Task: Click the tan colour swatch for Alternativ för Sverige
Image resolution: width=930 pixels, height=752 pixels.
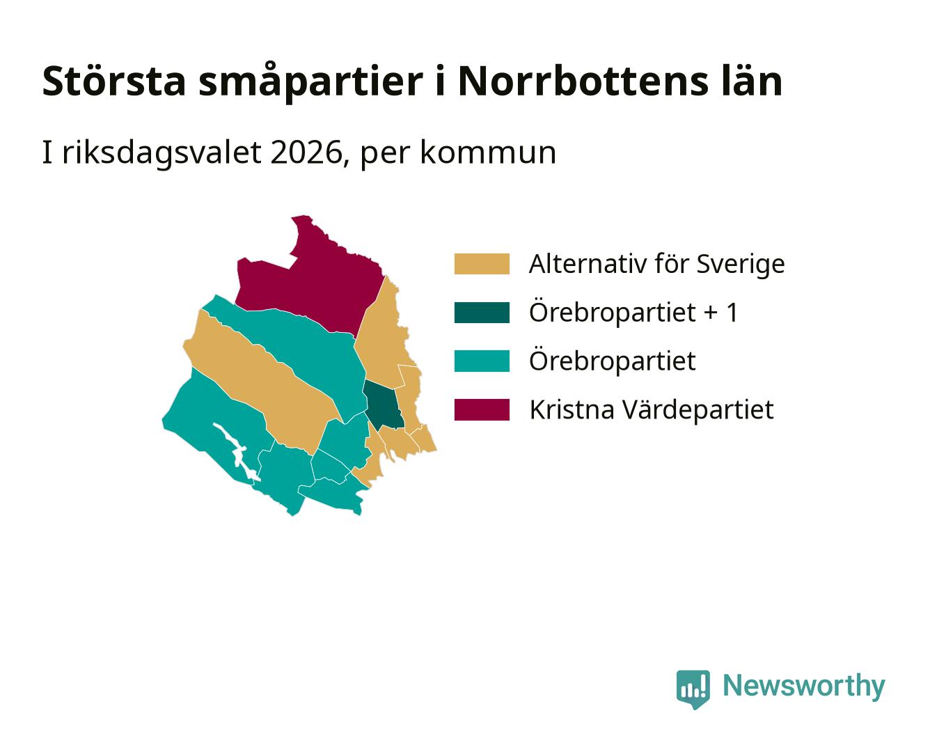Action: click(x=482, y=264)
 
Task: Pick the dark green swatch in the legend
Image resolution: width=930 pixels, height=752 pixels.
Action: click(x=482, y=312)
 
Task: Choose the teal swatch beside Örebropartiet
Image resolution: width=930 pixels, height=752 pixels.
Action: click(x=482, y=361)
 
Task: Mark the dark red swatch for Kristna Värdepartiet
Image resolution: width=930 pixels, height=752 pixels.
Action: click(x=482, y=409)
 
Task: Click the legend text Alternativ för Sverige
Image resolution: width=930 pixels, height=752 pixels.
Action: click(x=656, y=264)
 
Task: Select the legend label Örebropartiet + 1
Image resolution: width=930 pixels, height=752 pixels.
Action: click(x=633, y=313)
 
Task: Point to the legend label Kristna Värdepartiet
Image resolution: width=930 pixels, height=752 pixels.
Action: click(x=652, y=410)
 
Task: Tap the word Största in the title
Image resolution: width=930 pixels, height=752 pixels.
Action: click(x=114, y=81)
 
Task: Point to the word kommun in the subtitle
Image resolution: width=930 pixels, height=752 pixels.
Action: click(x=488, y=153)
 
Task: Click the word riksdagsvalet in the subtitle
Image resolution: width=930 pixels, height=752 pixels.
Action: click(x=161, y=153)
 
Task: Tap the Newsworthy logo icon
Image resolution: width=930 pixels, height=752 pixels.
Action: click(x=693, y=689)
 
